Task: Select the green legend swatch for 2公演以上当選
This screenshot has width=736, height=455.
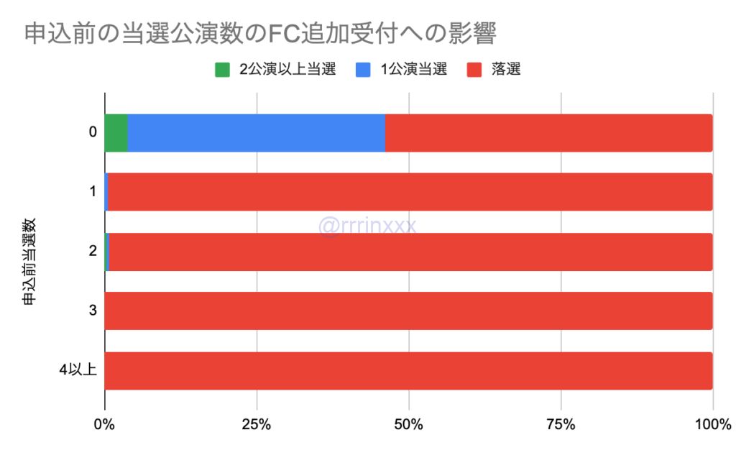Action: click(223, 70)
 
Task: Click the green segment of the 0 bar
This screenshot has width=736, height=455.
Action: click(116, 133)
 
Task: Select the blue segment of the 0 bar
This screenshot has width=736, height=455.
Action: click(256, 133)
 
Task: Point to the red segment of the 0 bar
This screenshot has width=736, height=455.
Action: click(548, 133)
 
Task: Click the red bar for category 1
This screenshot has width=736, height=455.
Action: click(410, 192)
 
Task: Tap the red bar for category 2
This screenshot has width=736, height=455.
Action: click(410, 252)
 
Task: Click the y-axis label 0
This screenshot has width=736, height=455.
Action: click(93, 133)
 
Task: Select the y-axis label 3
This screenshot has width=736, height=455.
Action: click(93, 311)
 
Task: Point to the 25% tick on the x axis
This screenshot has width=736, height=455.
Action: click(256, 424)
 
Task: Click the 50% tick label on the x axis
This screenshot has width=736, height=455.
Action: click(408, 424)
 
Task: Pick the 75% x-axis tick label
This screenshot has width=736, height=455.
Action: click(560, 424)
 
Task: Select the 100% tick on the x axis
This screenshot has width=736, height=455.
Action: click(712, 424)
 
